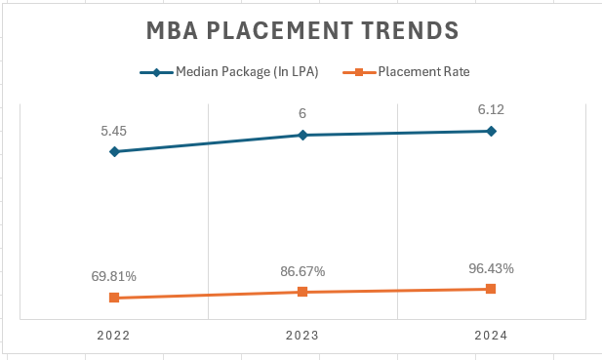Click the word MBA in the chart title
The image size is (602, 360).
176,30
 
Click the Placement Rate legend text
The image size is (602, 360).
418,71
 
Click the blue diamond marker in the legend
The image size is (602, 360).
155,71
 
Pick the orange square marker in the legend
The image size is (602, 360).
359,71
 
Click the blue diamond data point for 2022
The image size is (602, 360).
114,151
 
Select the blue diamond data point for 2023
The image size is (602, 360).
302,135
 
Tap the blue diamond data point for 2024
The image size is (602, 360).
491,131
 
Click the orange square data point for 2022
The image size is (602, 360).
114,298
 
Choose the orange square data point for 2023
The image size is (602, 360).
302,292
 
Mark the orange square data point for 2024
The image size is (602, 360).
491,289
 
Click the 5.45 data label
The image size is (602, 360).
114,130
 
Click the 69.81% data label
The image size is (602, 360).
114,276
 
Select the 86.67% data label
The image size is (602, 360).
302,270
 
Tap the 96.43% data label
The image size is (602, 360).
491,267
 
